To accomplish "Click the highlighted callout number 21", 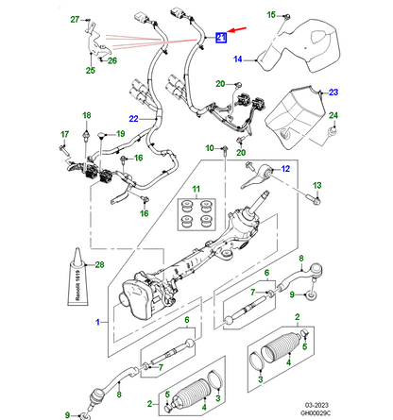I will (220, 38).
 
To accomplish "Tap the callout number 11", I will (196, 192).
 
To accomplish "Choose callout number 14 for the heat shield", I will (239, 59).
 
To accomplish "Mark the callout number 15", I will (269, 14).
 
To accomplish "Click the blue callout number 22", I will (134, 118).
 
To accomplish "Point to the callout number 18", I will (86, 115).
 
